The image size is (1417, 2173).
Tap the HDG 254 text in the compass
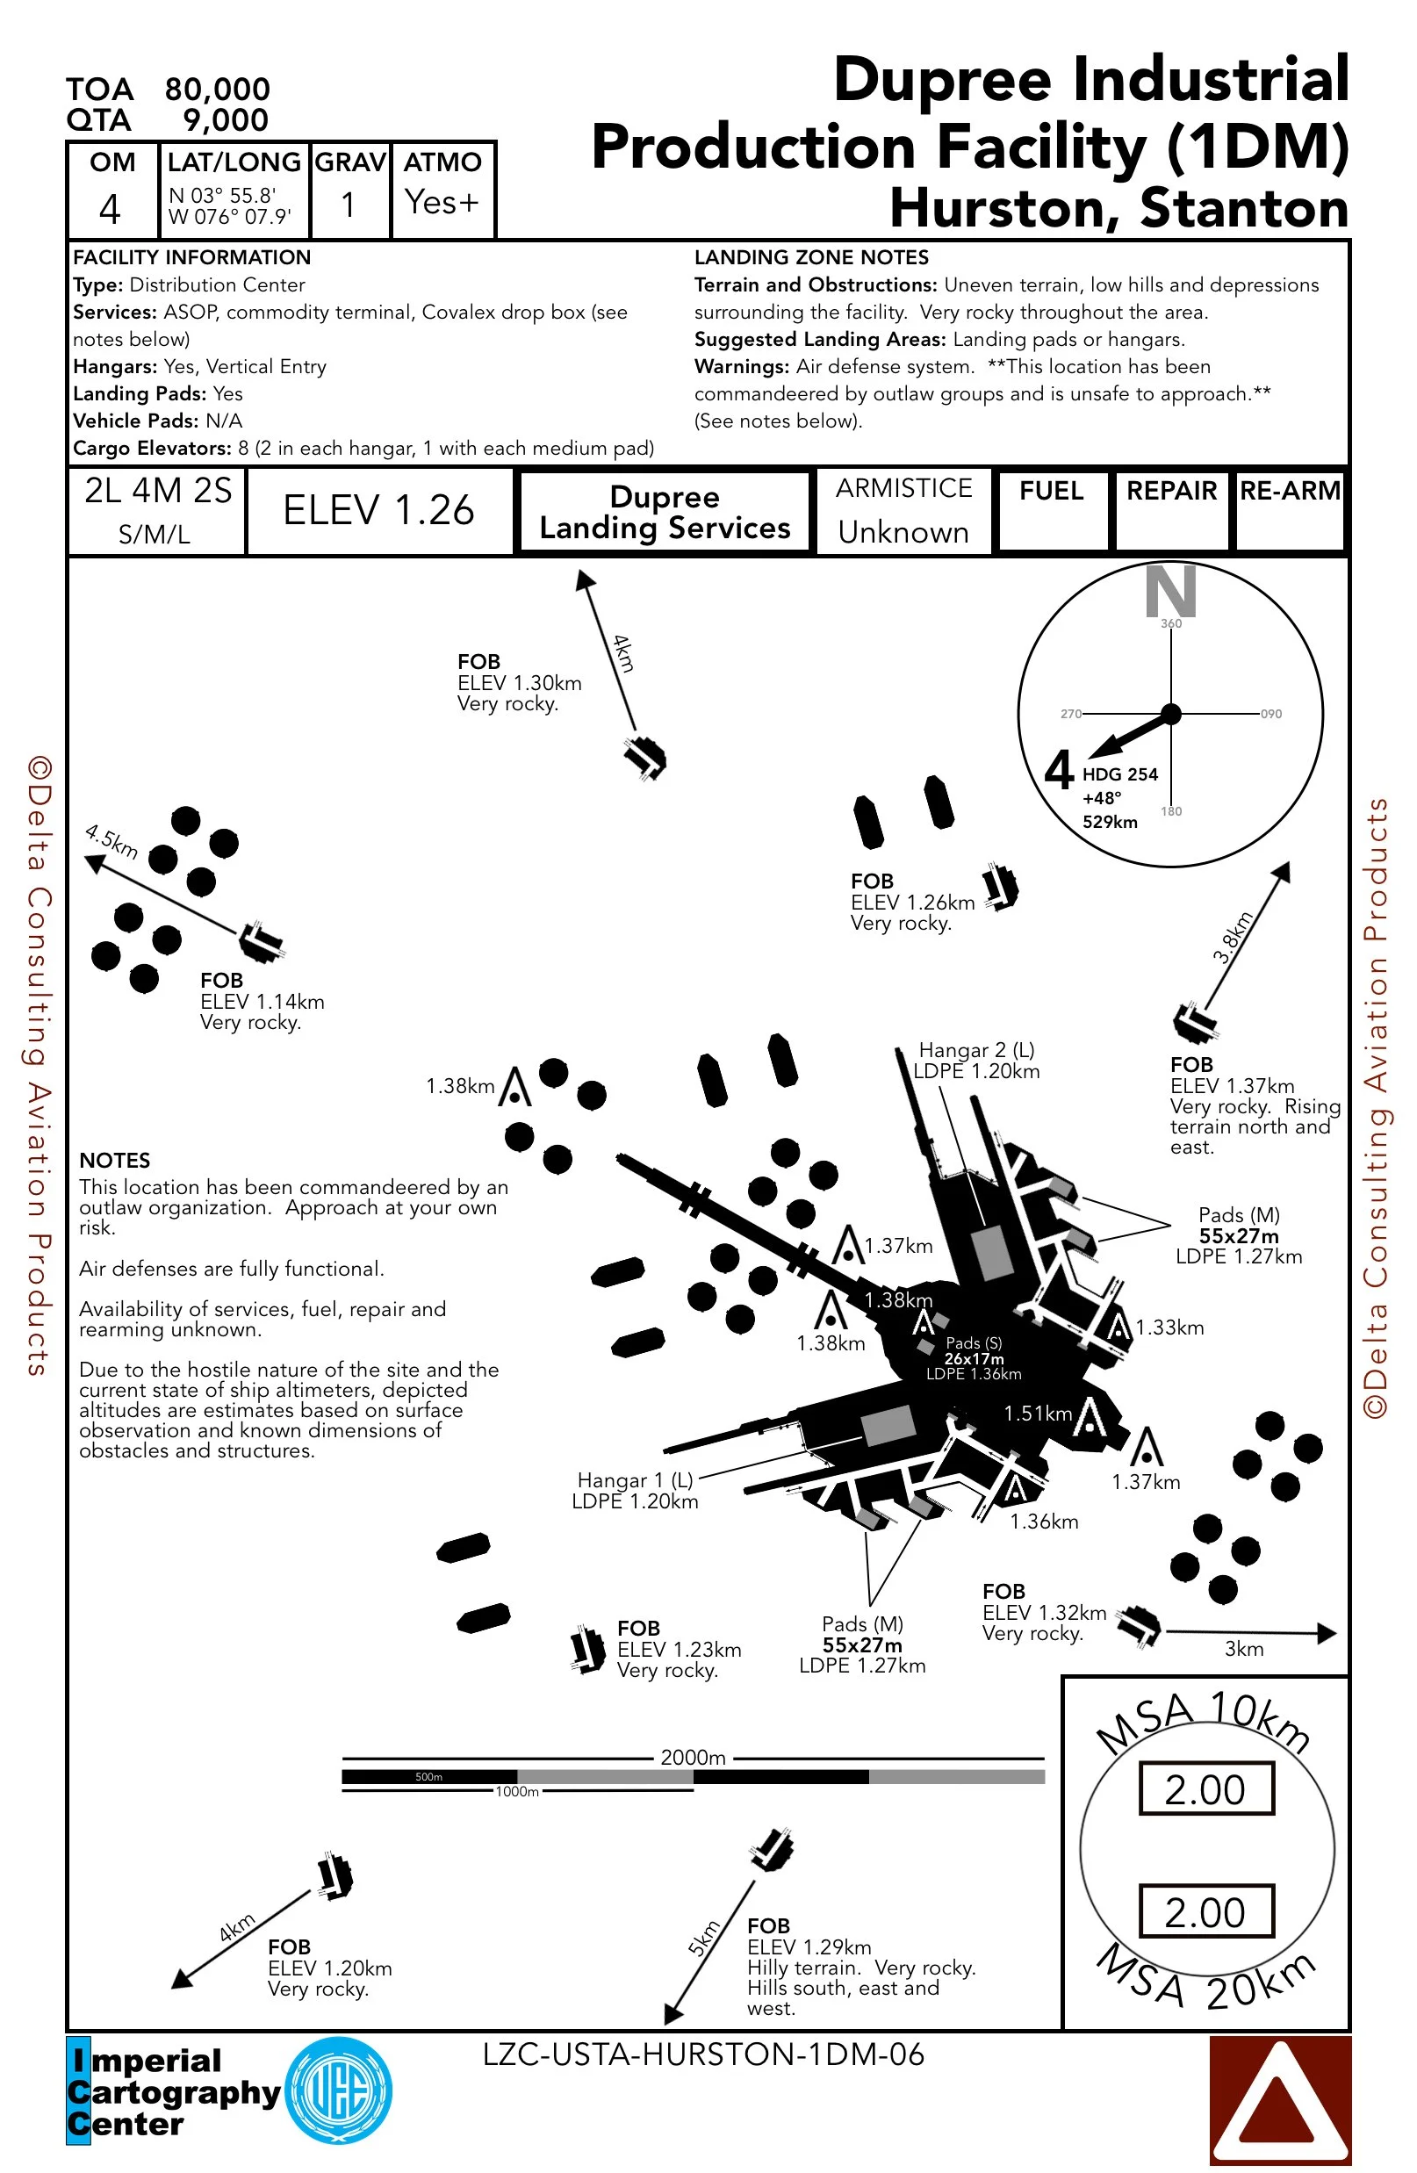1119,774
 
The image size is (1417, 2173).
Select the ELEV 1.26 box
379,510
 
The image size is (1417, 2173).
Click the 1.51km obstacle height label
1037,1414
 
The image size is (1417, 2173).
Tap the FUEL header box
1052,509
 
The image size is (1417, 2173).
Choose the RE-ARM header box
1289,509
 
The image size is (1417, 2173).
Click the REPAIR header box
1171,509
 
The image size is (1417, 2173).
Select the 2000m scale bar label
693,1758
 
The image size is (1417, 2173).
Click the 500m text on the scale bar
428,1777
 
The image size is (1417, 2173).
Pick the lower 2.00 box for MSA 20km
1205,1912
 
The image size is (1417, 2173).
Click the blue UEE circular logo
339,2090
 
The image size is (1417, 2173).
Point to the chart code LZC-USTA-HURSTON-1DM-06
703,2054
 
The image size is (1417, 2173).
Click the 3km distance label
1243,1649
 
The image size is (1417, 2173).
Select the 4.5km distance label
111,841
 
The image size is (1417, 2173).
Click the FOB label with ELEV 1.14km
222,981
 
